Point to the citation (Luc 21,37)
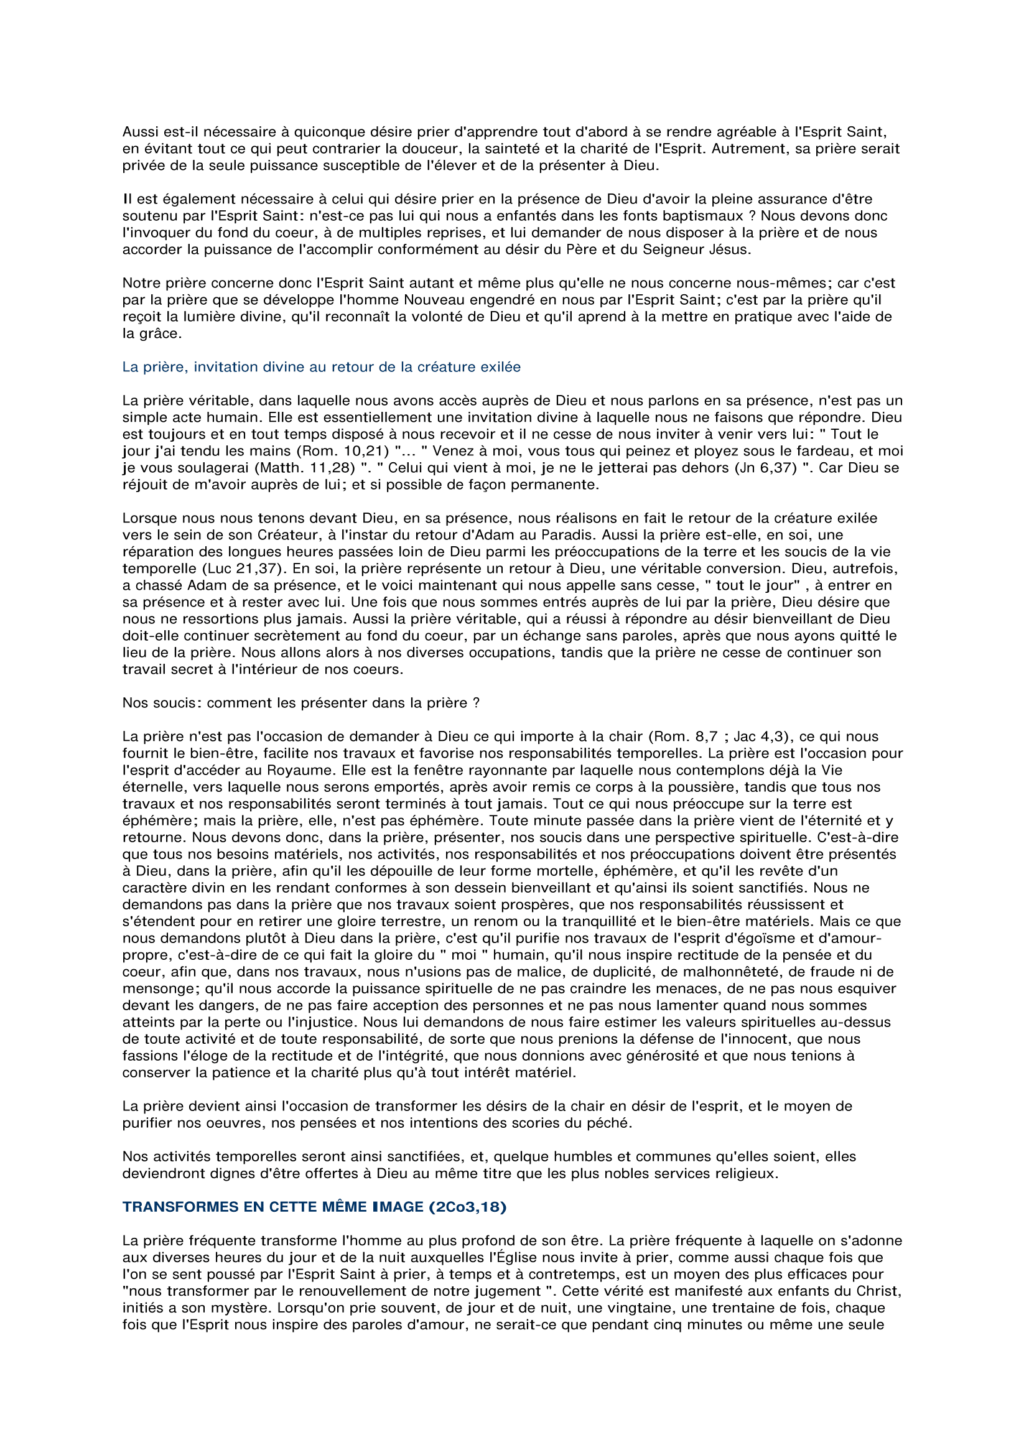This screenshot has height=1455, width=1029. tap(203, 569)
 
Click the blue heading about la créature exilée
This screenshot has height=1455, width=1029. tap(321, 367)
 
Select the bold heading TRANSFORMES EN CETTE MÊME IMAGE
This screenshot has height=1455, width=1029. tap(314, 1207)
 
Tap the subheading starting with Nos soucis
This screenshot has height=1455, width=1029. tap(301, 703)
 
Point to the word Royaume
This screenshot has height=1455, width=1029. tap(361, 770)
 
